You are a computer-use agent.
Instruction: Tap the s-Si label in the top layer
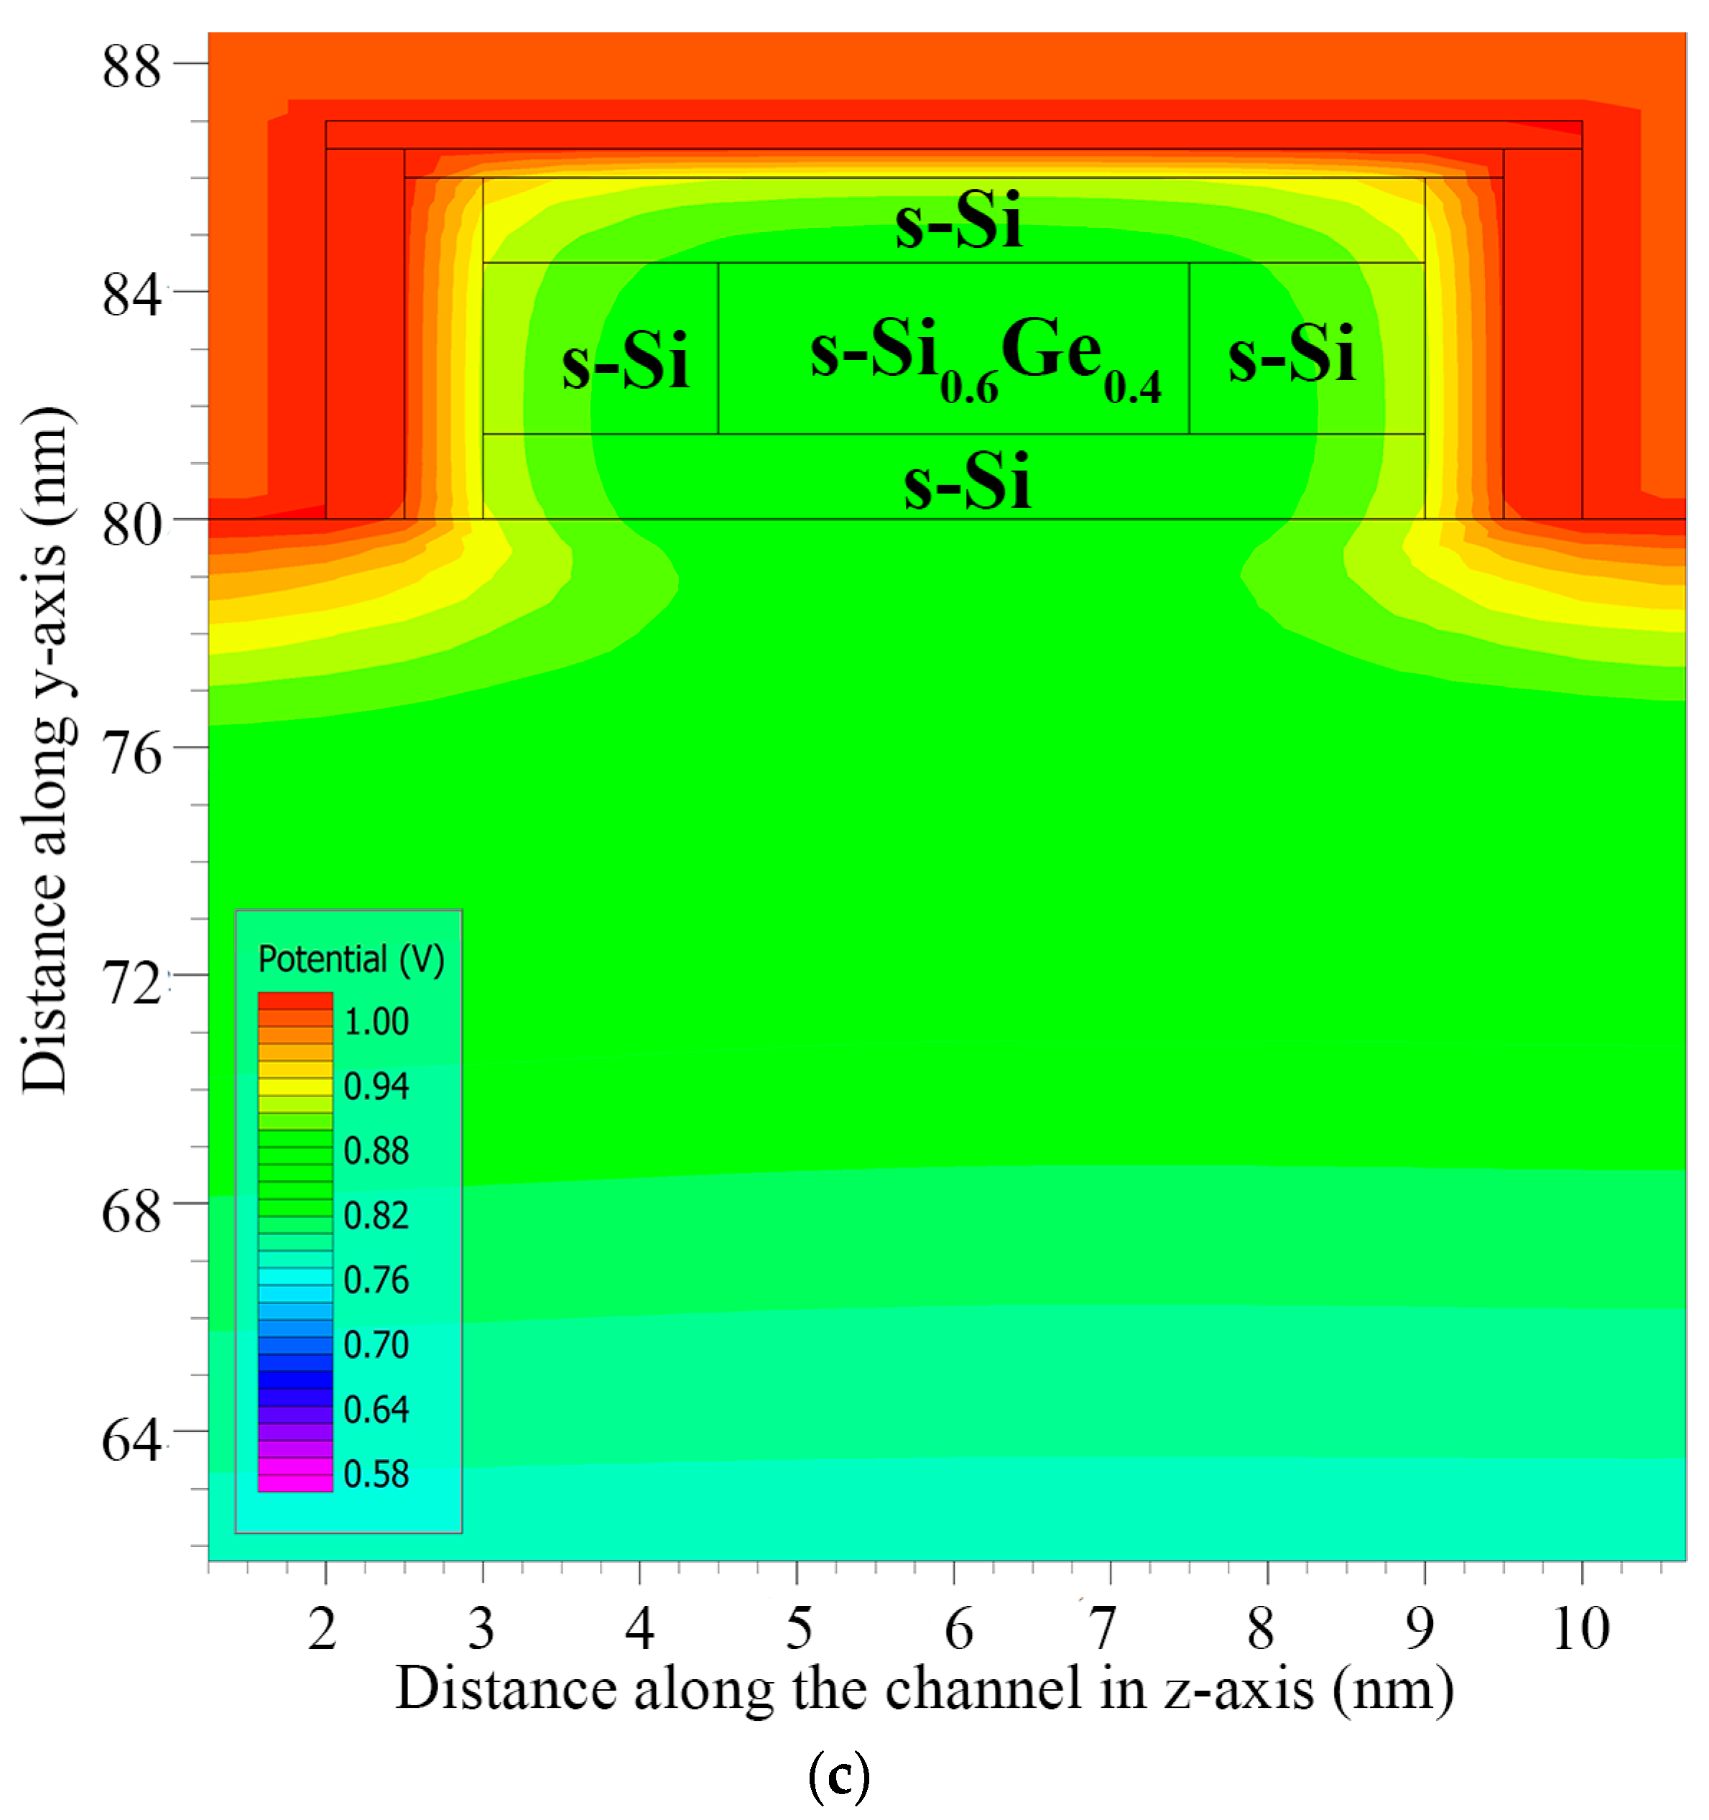pyautogui.click(x=958, y=221)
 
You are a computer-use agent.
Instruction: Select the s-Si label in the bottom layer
pyautogui.click(x=967, y=482)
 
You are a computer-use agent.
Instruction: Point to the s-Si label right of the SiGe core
pyautogui.click(x=1291, y=355)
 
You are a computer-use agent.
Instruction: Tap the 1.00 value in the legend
pyautogui.click(x=375, y=1022)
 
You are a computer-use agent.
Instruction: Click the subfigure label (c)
pyautogui.click(x=838, y=1777)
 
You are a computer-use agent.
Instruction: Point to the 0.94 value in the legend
pyautogui.click(x=375, y=1086)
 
